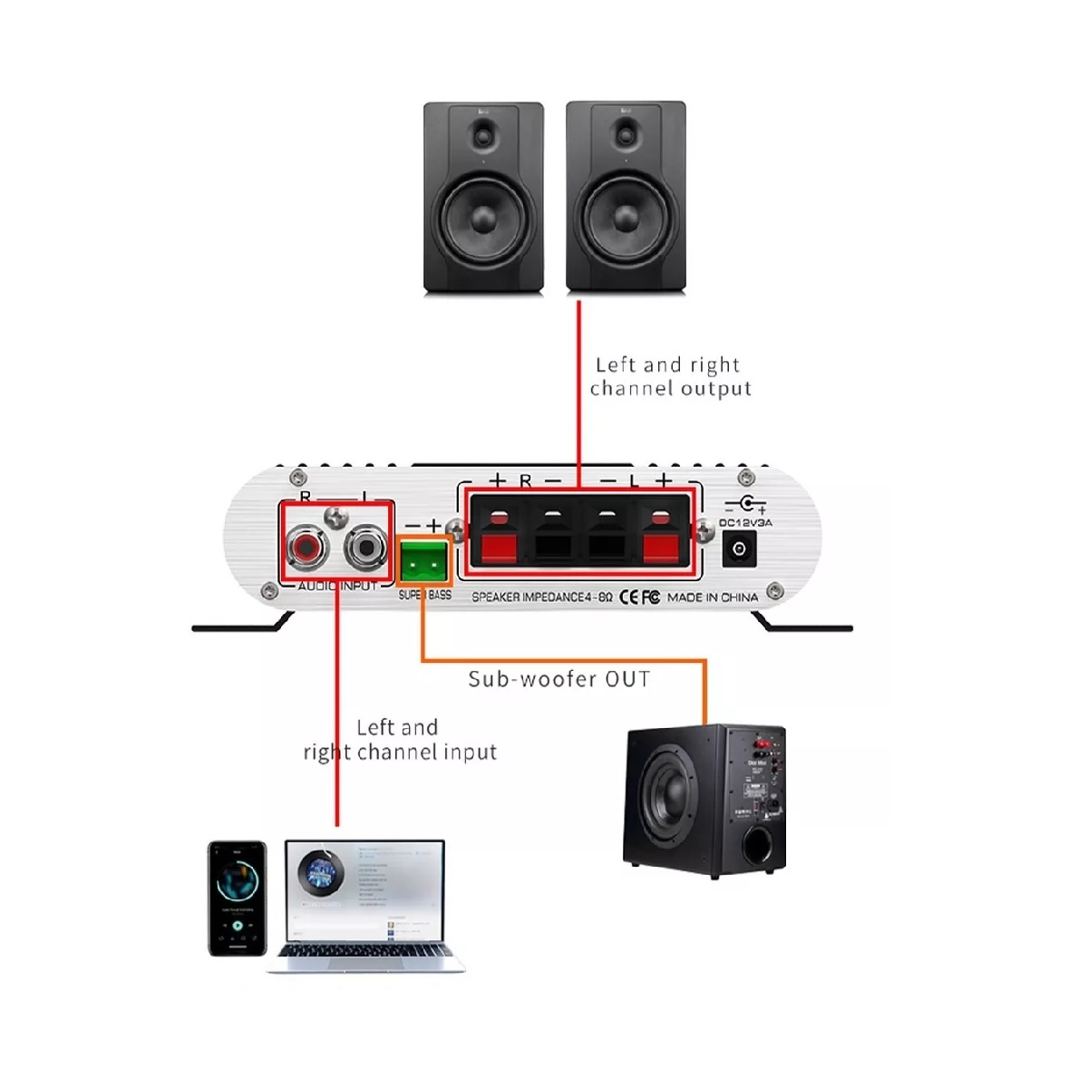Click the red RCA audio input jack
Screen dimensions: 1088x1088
[x=304, y=546]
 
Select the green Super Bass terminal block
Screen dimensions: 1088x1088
[x=424, y=564]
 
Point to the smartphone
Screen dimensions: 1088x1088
[x=238, y=899]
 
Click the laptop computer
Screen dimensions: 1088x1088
[x=365, y=903]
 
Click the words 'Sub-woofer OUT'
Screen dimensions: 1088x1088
[x=559, y=679]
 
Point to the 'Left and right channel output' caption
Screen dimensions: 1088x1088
[x=670, y=376]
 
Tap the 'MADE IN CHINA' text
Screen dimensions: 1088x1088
[x=712, y=597]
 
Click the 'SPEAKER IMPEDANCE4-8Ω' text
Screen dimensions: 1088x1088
[x=542, y=597]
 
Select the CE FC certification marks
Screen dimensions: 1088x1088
[x=638, y=597]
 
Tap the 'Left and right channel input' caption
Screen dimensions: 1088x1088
[x=399, y=740]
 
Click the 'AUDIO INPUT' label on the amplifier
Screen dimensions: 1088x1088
[x=337, y=587]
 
